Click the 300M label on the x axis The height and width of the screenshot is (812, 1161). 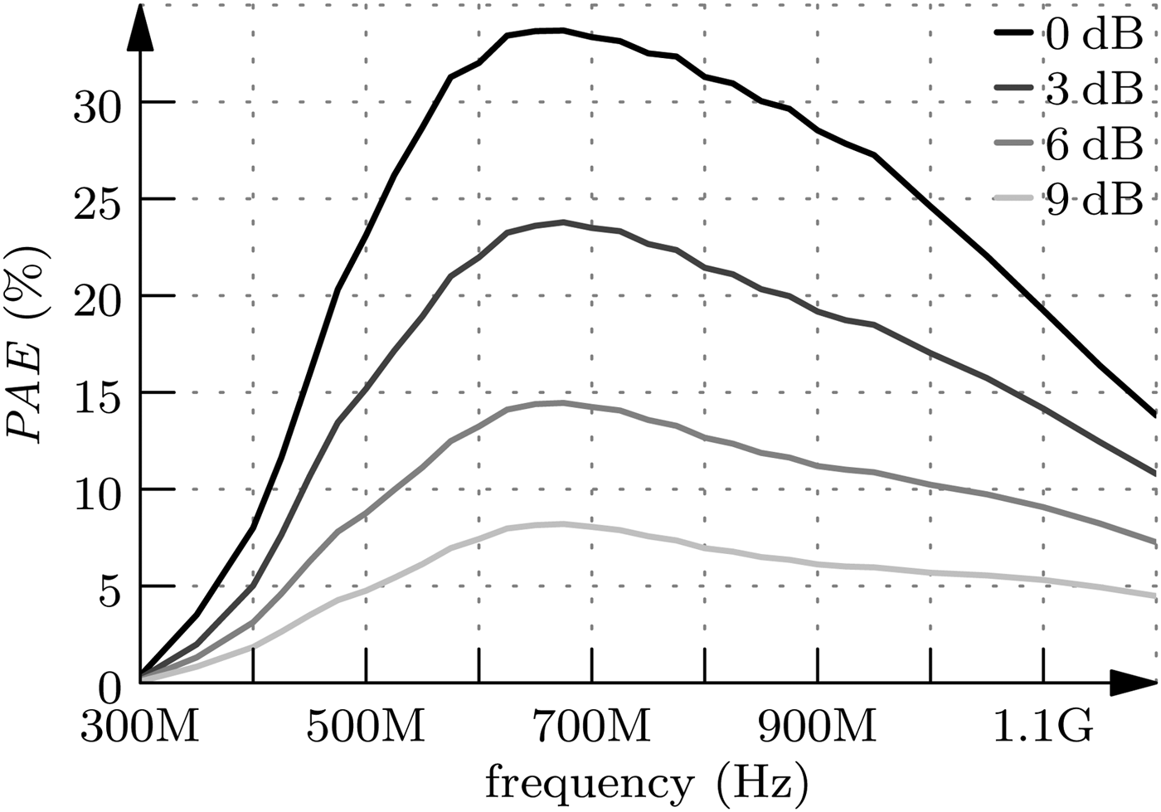click(x=139, y=727)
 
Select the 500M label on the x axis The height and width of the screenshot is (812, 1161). click(x=366, y=727)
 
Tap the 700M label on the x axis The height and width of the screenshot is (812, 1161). click(x=591, y=727)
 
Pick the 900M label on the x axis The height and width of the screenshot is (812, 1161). click(x=818, y=727)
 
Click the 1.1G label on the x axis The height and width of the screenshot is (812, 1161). click(x=1042, y=727)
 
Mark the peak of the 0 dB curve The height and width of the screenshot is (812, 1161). click(x=562, y=31)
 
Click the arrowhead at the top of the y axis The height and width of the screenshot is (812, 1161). click(x=140, y=29)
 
